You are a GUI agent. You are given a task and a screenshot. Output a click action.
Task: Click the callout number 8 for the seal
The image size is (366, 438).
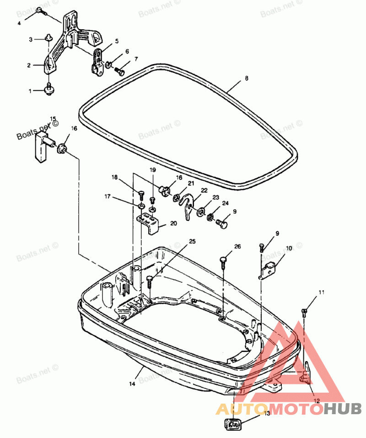[x=247, y=78]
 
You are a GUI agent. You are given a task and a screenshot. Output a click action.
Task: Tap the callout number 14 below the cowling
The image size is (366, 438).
[x=132, y=384]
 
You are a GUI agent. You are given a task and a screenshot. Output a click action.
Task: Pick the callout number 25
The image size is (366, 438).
[x=192, y=241]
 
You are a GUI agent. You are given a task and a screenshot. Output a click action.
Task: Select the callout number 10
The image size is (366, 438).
[x=289, y=248]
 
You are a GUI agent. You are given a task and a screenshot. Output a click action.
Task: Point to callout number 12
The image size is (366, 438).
[x=317, y=400]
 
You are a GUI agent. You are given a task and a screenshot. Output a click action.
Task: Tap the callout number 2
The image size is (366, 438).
[x=28, y=66]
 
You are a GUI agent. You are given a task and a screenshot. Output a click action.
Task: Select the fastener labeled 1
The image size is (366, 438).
[x=48, y=89]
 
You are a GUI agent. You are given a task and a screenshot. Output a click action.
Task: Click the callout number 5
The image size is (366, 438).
[x=117, y=41]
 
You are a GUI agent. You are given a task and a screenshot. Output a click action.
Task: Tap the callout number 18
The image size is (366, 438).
[x=114, y=177]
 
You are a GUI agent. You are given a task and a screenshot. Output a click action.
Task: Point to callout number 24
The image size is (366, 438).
[x=225, y=203]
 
